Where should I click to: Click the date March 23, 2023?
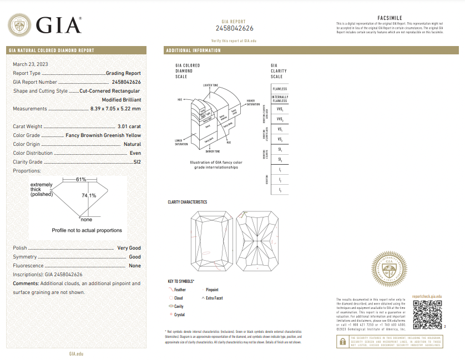point(31,64)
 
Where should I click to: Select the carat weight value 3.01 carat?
point(129,127)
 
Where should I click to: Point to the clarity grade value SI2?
point(137,162)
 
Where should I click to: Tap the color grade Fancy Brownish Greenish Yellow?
point(103,135)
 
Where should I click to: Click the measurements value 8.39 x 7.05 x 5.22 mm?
point(115,109)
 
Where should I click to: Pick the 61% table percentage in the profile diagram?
point(81,179)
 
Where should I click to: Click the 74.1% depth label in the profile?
point(89,195)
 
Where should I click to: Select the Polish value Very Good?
point(129,248)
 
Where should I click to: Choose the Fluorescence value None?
point(134,266)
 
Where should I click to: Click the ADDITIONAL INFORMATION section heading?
point(193,50)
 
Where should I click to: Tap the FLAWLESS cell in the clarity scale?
point(280,89)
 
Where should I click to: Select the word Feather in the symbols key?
point(180,290)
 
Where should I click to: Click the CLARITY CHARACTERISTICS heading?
point(187,202)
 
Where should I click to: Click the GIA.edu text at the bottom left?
point(76,353)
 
